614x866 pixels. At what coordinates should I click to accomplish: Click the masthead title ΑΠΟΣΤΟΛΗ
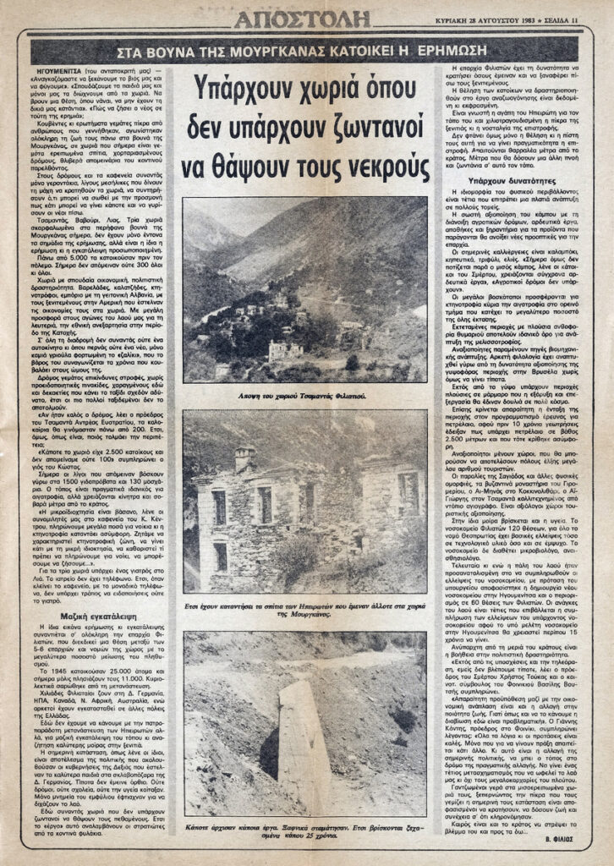click(x=302, y=19)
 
